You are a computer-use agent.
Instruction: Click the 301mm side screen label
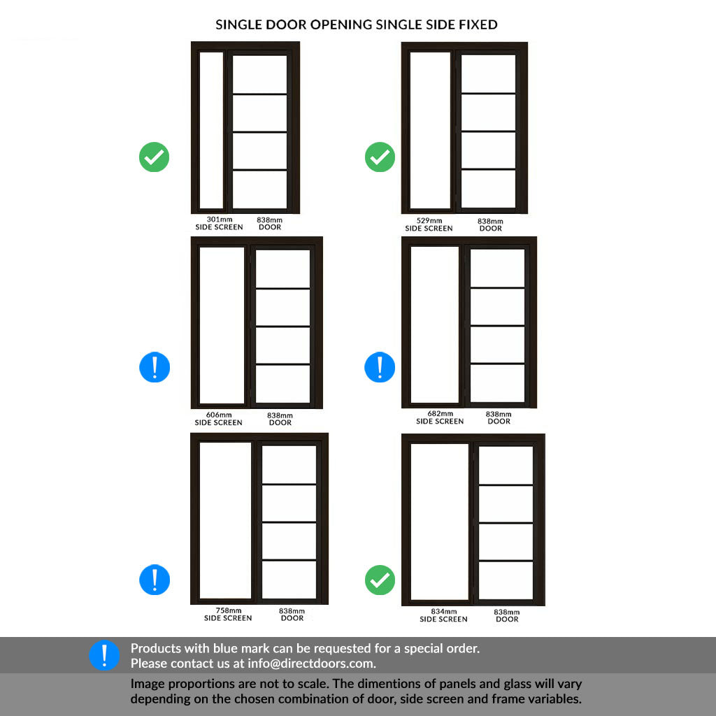[219, 223]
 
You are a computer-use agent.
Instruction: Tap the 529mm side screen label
[429, 224]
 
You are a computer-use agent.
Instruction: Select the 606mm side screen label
[218, 419]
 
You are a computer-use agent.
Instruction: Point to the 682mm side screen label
[440, 417]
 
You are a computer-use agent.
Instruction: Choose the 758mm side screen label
[228, 614]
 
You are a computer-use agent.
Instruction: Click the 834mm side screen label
[443, 615]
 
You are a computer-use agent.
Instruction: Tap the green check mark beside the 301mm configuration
[154, 157]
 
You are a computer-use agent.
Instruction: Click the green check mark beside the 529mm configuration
[380, 157]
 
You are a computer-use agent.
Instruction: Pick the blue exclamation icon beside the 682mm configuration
[380, 367]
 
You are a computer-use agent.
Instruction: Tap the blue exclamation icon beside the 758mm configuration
[155, 580]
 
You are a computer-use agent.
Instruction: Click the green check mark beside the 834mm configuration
[380, 580]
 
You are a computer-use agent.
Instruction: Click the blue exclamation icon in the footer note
[104, 656]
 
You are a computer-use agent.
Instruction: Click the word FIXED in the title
[477, 24]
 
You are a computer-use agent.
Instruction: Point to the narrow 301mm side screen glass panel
[211, 130]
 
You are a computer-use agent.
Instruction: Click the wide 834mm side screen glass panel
[439, 522]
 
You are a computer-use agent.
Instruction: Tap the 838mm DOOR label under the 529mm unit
[490, 224]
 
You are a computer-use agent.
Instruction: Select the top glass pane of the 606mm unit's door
[283, 268]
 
